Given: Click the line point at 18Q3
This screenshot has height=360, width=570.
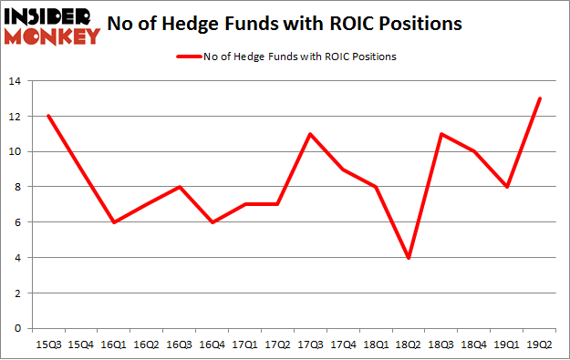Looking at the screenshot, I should pyautogui.click(x=440, y=134).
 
